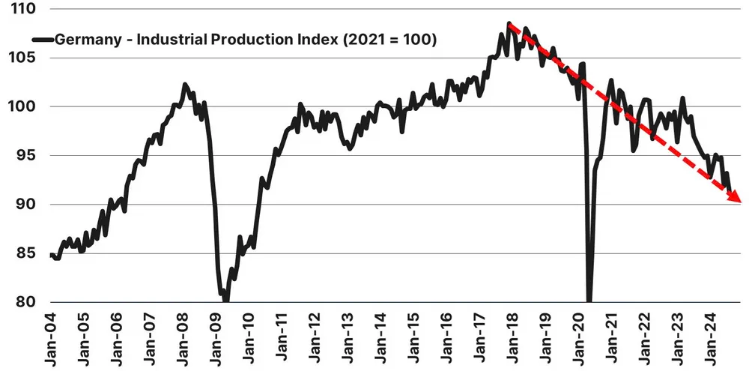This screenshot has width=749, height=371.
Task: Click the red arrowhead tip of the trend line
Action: pyautogui.click(x=740, y=202)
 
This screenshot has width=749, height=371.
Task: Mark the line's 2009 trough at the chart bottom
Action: pyautogui.click(x=225, y=300)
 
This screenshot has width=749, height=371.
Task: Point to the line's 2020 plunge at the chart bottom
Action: pyautogui.click(x=589, y=300)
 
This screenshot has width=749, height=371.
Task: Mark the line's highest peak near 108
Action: pyautogui.click(x=509, y=24)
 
